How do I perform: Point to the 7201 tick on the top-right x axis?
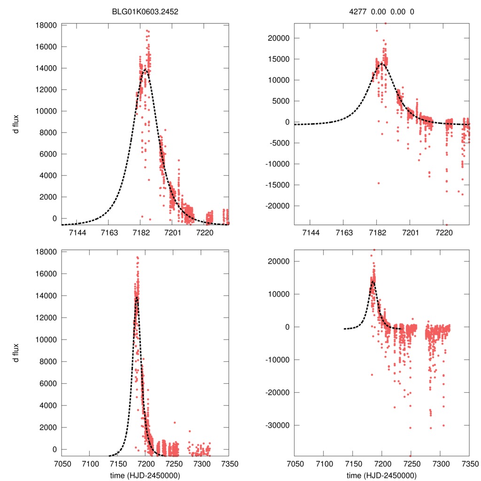click(411, 233)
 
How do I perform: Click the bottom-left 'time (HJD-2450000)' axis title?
click(145, 475)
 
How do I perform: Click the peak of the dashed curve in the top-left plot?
click(145, 70)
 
